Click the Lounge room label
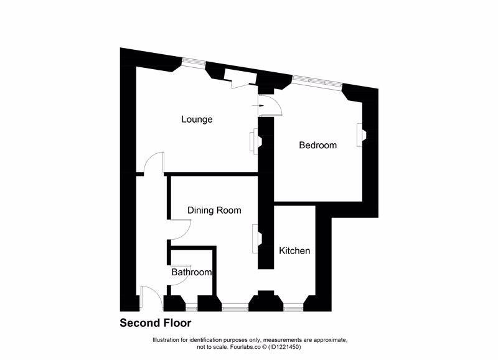pyautogui.click(x=197, y=120)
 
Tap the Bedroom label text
pyautogui.click(x=317, y=146)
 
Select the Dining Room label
pyautogui.click(x=214, y=211)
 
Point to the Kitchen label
pyautogui.click(x=294, y=251)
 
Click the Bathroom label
pyautogui.click(x=192, y=272)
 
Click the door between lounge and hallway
pyautogui.click(x=153, y=164)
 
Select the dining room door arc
pyautogui.click(x=179, y=230)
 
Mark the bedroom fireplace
pyautogui.click(x=360, y=135)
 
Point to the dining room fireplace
pyautogui.click(x=256, y=239)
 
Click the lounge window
pyautogui.click(x=193, y=62)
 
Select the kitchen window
pyautogui.click(x=292, y=306)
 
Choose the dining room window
pyautogui.click(x=234, y=306)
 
